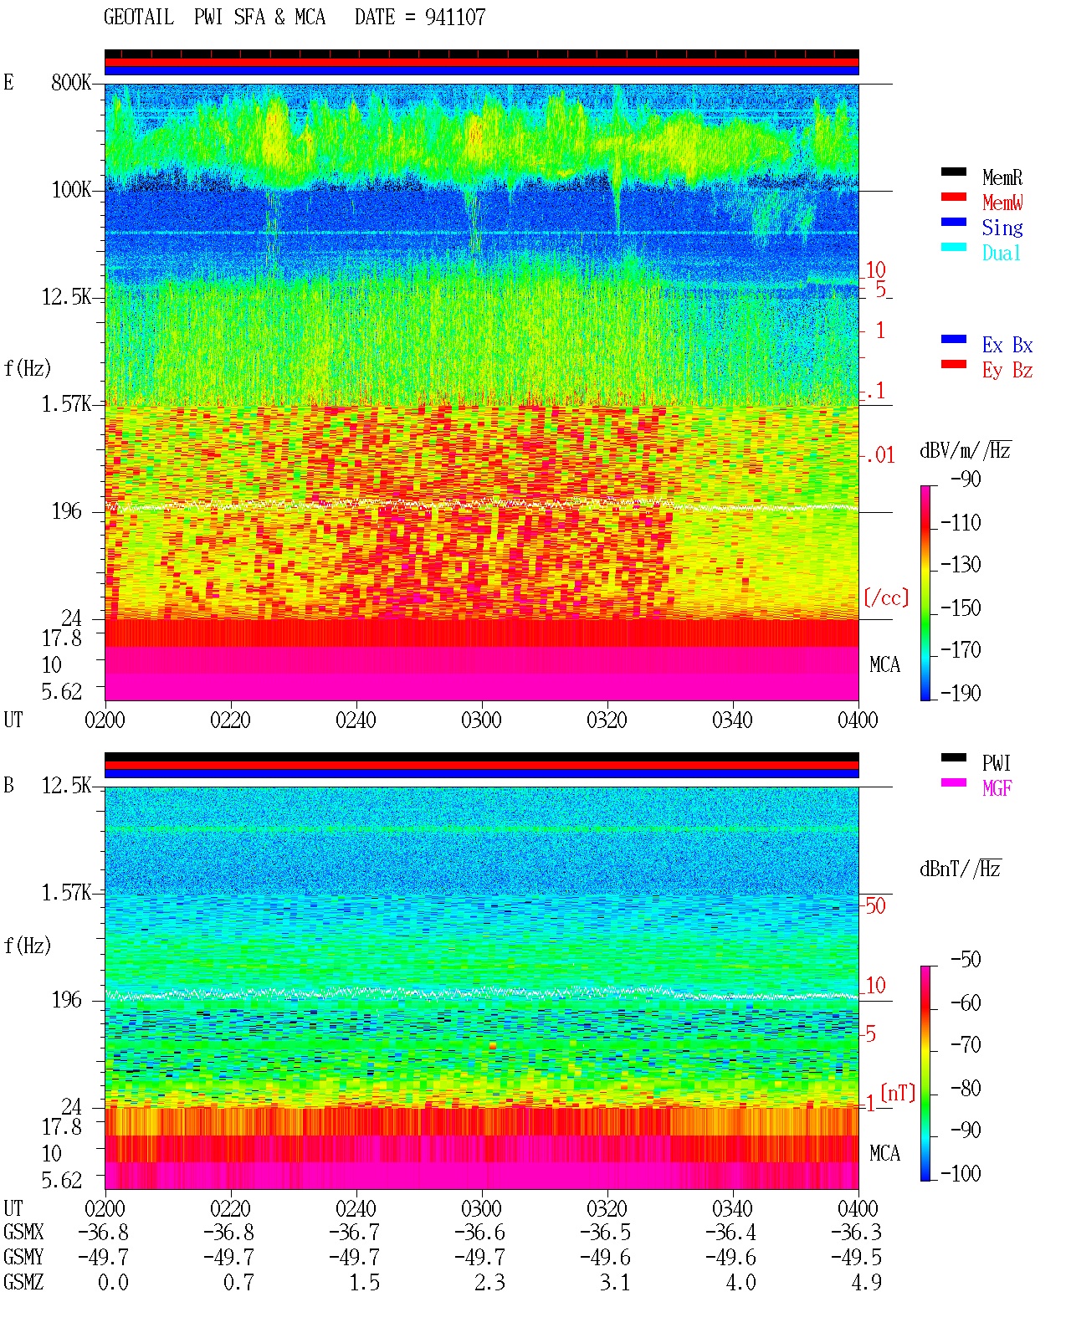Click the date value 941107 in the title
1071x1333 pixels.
[454, 18]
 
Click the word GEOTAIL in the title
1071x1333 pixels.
[139, 18]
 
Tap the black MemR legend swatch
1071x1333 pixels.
[953, 172]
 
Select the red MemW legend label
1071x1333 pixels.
[1002, 203]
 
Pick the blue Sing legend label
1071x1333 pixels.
[1002, 228]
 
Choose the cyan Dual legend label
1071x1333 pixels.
[1002, 253]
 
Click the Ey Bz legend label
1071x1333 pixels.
[1007, 371]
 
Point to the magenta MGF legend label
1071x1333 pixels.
[997, 788]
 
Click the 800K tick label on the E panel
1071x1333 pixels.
[71, 82]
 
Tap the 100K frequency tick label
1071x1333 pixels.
[71, 190]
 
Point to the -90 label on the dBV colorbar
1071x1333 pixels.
[966, 479]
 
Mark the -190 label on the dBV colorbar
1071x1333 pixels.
[961, 693]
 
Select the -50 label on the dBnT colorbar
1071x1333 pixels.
[966, 960]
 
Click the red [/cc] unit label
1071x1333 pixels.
[886, 597]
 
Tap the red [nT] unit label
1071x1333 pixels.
[898, 1093]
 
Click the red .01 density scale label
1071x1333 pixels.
[881, 456]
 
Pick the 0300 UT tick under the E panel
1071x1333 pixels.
[481, 720]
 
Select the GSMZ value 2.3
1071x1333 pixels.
[490, 1282]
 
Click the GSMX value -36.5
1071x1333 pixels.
[605, 1232]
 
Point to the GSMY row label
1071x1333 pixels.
[23, 1257]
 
